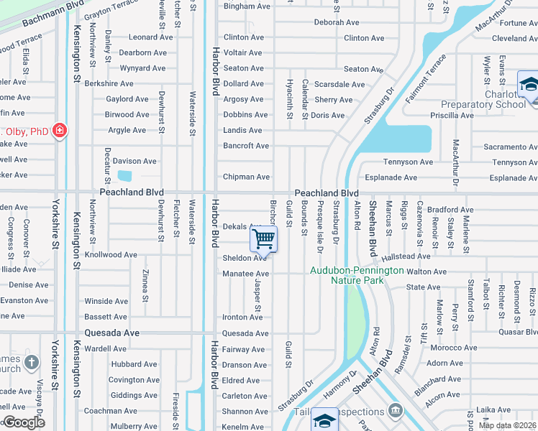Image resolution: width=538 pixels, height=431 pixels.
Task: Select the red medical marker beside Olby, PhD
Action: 60,131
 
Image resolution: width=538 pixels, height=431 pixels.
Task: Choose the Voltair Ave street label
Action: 243,52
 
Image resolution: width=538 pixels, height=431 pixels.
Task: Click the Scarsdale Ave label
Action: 340,84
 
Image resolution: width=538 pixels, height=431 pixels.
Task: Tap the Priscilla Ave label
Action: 452,115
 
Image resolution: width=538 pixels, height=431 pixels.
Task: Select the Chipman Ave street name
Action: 246,177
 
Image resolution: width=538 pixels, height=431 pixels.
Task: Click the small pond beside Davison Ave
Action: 124,176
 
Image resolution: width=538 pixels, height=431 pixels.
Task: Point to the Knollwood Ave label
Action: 111,255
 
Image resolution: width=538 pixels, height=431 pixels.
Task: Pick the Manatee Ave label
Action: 246,274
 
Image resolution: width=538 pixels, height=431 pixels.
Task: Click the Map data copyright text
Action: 507,425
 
